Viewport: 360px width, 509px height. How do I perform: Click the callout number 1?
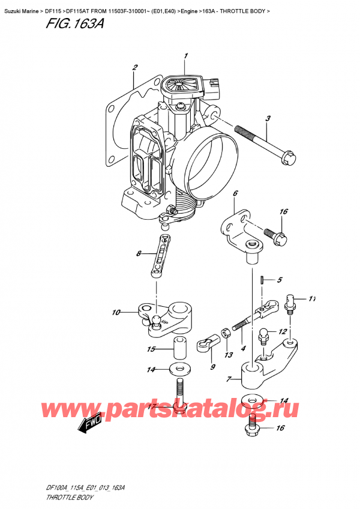[x=186, y=56]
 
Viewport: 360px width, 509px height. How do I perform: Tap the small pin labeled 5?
[x=262, y=279]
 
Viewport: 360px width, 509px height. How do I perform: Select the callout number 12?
[x=282, y=332]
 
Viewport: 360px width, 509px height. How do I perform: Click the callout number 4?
[x=243, y=348]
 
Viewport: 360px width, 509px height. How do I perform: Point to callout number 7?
[x=229, y=379]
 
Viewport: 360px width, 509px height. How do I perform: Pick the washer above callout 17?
[x=178, y=368]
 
